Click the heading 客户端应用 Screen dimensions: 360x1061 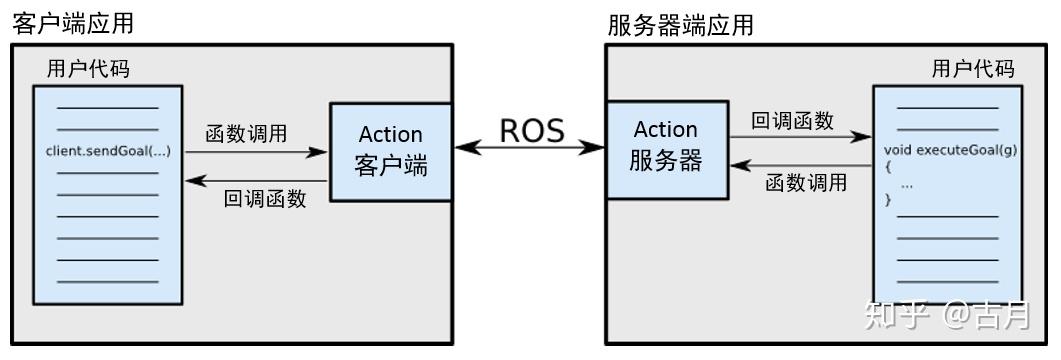(x=73, y=23)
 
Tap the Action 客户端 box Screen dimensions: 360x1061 (x=390, y=151)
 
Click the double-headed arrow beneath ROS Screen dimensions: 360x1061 (x=530, y=148)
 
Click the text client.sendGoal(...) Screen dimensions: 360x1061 (x=108, y=151)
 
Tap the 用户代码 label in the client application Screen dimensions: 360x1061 (x=88, y=69)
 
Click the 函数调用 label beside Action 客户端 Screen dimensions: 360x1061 (x=246, y=132)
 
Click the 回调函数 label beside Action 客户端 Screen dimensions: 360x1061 (x=264, y=198)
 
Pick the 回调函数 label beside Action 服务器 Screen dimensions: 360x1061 (x=792, y=120)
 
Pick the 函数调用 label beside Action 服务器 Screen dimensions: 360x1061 (x=806, y=183)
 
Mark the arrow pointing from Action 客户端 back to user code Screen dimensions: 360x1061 (x=256, y=180)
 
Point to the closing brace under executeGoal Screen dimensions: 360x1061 (x=888, y=200)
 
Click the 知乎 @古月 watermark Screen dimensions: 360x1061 (x=945, y=315)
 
